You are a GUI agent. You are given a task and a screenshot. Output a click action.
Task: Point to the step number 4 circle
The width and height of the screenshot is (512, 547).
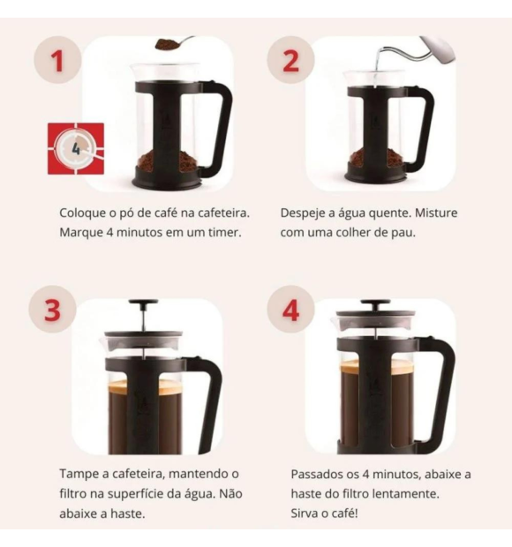pos(290,311)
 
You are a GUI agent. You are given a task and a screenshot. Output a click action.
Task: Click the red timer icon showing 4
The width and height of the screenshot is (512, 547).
pos(75,149)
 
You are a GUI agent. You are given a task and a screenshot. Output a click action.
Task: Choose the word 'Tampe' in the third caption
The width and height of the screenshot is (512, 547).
pos(79,474)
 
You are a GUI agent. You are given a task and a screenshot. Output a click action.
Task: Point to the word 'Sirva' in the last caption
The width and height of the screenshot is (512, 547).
pos(305,513)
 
